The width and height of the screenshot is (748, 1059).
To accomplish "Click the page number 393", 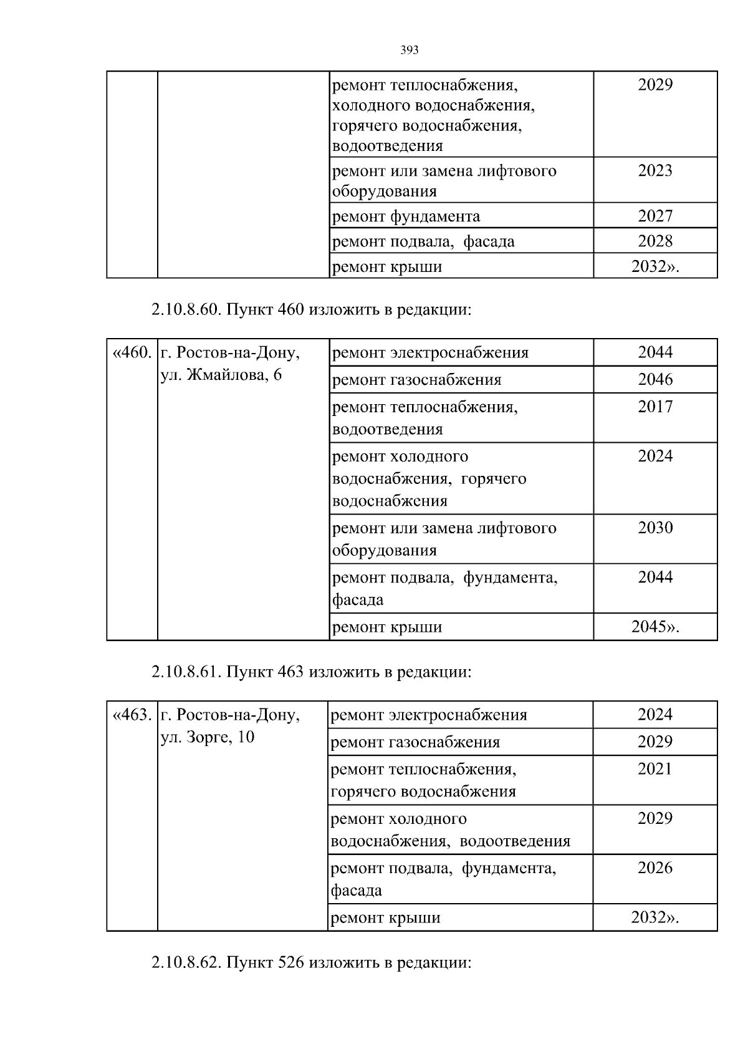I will [x=409, y=50].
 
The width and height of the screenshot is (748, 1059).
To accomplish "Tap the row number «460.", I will [x=132, y=353].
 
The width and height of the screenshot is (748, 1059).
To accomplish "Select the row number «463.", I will [x=132, y=715].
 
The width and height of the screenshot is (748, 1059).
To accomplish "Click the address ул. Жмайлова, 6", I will [x=221, y=375].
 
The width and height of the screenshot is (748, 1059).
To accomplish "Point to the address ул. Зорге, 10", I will [x=208, y=737].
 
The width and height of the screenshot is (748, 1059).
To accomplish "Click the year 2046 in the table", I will [x=655, y=379].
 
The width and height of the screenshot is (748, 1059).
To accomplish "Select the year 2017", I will [x=655, y=407].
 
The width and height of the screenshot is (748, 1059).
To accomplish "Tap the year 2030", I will [x=655, y=528].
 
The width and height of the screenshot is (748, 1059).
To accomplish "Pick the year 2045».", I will [x=655, y=627].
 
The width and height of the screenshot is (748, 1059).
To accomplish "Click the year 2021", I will [x=655, y=768].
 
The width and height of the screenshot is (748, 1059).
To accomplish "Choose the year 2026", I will [x=655, y=868].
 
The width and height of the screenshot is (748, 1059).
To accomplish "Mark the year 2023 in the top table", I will [x=655, y=170].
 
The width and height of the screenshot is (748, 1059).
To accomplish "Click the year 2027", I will [x=655, y=216].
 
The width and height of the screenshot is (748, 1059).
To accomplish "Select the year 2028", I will [x=655, y=241].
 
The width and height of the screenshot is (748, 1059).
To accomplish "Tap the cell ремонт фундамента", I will [x=406, y=216].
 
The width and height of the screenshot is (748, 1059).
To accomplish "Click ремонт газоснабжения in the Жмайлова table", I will [x=416, y=380].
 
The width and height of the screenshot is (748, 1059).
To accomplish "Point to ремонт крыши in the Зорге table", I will [x=385, y=917].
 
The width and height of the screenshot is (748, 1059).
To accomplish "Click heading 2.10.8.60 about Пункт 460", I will [x=310, y=309].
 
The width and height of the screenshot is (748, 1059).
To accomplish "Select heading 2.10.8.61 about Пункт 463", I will [x=310, y=672].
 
